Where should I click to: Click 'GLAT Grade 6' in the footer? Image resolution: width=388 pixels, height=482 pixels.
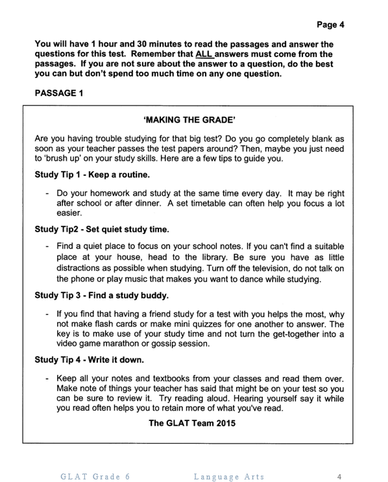point(95,477)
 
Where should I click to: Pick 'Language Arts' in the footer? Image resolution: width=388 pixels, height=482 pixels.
point(229,477)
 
